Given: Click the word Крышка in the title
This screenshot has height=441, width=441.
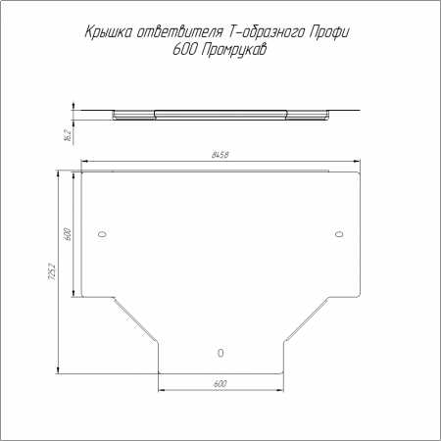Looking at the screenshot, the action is pos(109,32).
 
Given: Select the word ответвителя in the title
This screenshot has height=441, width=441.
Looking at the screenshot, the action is pos(179,32).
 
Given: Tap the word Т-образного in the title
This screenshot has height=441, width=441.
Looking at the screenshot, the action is pos(266,32).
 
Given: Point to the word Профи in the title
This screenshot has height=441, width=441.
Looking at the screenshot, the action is pos(329,32).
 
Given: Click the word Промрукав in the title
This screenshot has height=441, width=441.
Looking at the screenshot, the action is pos(233,50).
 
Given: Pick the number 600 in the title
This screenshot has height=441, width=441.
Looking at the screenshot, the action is pos(184,50).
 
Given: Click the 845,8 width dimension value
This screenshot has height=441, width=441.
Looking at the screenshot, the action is pos(220,155).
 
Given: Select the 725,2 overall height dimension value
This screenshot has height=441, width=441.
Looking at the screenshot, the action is pos(52,271).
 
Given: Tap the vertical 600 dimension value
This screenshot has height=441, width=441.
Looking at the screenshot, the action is pos(68,234).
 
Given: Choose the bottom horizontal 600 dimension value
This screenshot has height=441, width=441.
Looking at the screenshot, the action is pos(220,383).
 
